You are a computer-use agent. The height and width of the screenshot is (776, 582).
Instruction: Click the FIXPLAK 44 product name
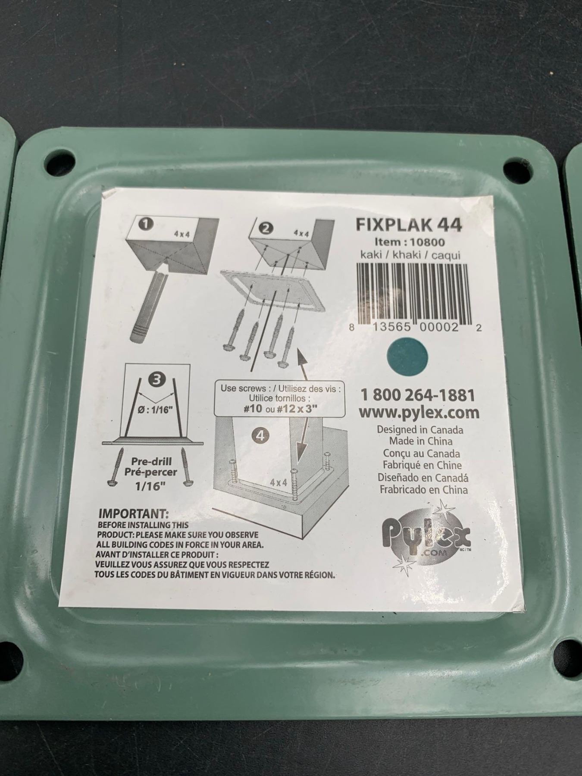(x=409, y=225)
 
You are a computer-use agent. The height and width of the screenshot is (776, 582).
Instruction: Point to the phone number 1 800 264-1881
(x=417, y=395)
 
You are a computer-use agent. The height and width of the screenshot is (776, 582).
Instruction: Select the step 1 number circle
(x=147, y=224)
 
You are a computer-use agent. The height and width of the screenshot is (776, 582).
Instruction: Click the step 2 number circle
(x=266, y=228)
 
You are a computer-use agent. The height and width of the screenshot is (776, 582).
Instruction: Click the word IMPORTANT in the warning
(x=133, y=514)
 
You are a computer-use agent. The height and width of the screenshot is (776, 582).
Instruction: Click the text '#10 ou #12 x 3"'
(x=280, y=409)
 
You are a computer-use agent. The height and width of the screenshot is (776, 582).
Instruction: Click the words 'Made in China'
(x=421, y=441)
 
